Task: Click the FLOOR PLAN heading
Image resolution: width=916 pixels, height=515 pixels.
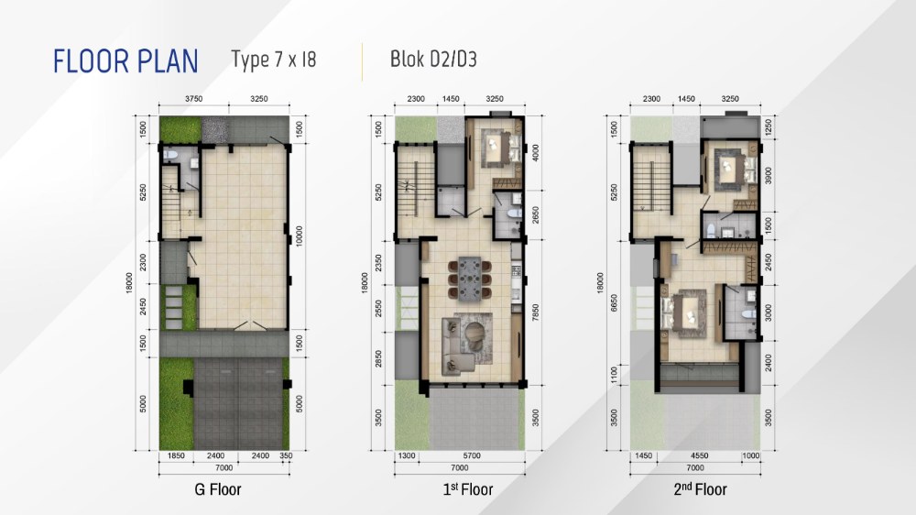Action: pyautogui.click(x=125, y=61)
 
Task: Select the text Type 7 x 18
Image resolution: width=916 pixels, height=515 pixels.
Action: pyautogui.click(x=273, y=60)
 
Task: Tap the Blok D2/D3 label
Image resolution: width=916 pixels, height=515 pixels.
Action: pyautogui.click(x=433, y=59)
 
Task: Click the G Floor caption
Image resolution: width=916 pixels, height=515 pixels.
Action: pyautogui.click(x=217, y=489)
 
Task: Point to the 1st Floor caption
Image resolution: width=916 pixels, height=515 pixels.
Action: pyautogui.click(x=467, y=488)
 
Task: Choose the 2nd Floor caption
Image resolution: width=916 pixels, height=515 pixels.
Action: pyautogui.click(x=700, y=488)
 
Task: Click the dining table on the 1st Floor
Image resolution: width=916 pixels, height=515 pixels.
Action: pyautogui.click(x=469, y=279)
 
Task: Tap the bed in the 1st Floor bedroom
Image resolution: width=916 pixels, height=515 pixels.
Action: pyautogui.click(x=497, y=146)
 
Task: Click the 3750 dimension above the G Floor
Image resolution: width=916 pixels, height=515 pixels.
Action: pyautogui.click(x=194, y=99)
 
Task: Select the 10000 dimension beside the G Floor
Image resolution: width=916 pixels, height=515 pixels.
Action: pyautogui.click(x=300, y=236)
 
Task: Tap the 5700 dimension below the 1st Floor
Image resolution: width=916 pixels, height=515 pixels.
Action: pyautogui.click(x=472, y=456)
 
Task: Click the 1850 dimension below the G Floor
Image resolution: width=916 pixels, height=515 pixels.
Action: pyautogui.click(x=176, y=456)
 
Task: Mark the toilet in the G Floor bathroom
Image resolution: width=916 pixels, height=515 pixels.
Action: pyautogui.click(x=170, y=155)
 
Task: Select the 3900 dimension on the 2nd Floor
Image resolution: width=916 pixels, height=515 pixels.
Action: pyautogui.click(x=769, y=175)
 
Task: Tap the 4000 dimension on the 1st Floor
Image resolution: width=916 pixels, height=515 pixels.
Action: pyautogui.click(x=536, y=153)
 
